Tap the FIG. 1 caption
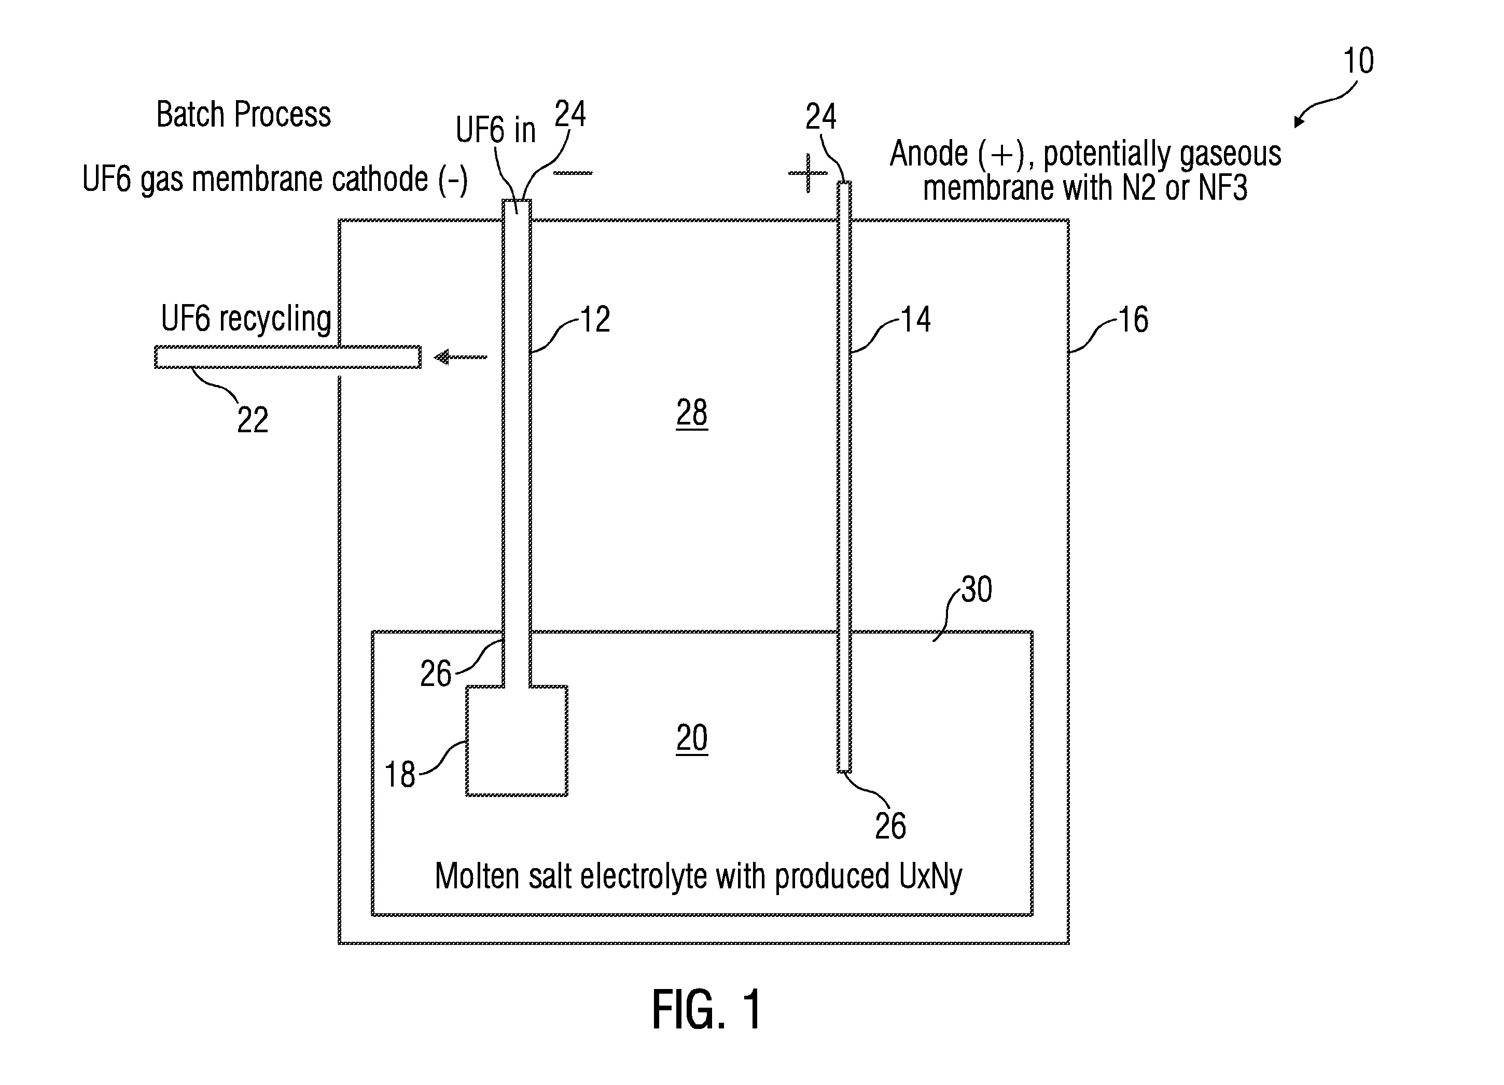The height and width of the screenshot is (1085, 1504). pos(707,1010)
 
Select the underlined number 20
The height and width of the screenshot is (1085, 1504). pos(692,738)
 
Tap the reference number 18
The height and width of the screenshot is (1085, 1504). pos(400,774)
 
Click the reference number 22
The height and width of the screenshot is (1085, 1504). pos(253,420)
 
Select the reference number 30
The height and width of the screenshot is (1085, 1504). pos(976,589)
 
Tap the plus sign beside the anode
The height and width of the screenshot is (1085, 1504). pos(807,173)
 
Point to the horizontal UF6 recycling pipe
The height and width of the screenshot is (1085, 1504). pos(288,357)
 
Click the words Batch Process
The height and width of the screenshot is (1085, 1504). pos(243,114)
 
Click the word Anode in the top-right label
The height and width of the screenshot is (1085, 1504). pos(928,154)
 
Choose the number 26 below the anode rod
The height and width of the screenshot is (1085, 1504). pos(890,826)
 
